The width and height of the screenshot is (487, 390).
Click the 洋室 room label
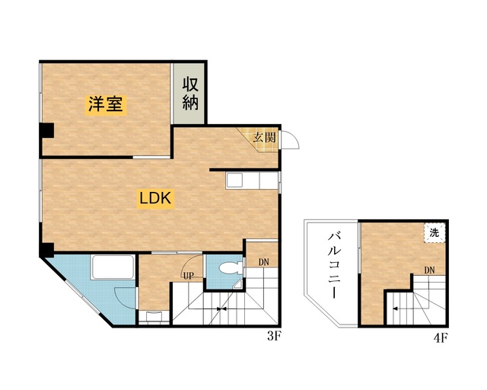pyautogui.click(x=105, y=105)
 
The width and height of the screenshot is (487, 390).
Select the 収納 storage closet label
pyautogui.click(x=190, y=93)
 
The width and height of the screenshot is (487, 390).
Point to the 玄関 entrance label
pyautogui.click(x=264, y=138)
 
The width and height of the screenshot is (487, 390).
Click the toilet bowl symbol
pyautogui.click(x=231, y=269)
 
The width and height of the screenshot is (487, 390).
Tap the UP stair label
pyautogui.click(x=187, y=276)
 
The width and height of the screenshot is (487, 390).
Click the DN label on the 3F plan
pyautogui.click(x=264, y=262)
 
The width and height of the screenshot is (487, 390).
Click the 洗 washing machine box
pyautogui.click(x=434, y=232)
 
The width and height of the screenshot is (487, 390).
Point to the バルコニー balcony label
pyautogui.click(x=333, y=264)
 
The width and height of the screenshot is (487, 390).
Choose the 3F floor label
pyautogui.click(x=275, y=334)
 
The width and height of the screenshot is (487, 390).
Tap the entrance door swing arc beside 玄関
pyautogui.click(x=294, y=141)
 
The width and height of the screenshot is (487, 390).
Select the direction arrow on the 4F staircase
pyautogui.click(x=394, y=308)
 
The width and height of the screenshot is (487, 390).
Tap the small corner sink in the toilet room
pyautogui.click(x=240, y=286)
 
